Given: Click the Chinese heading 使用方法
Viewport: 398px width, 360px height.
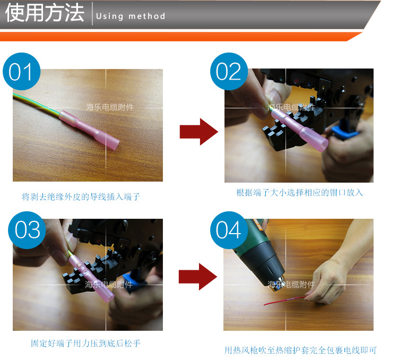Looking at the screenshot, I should pos(45,14).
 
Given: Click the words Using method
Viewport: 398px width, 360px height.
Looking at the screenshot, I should pos(131,16).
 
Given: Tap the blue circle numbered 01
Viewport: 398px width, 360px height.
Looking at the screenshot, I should pos(21,72).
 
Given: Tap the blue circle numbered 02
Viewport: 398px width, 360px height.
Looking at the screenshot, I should pos(229,72).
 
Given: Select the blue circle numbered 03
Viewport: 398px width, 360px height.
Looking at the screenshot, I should pos(27,230).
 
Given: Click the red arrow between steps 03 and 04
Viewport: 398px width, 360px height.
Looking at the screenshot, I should pos(198,277).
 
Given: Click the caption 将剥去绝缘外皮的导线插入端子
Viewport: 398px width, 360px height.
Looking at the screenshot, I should pos(81,197).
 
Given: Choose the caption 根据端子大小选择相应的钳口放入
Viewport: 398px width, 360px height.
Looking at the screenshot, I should pos(299,192).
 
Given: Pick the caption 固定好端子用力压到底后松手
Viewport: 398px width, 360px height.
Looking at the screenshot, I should pos(85,343).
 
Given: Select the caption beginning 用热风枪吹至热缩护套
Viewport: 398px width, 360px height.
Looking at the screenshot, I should pos(300,350).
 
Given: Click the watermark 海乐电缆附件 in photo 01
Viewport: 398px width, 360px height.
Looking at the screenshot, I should pos(110,107).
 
